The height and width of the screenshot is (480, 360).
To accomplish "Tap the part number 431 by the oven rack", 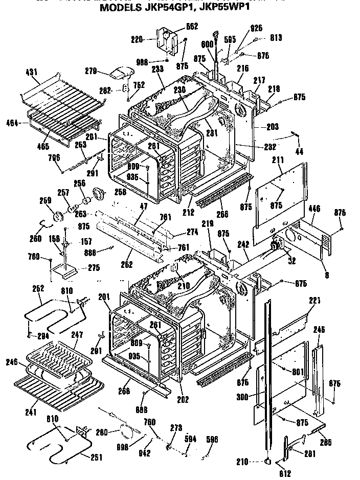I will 32,73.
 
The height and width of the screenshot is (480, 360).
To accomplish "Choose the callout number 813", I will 277,37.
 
